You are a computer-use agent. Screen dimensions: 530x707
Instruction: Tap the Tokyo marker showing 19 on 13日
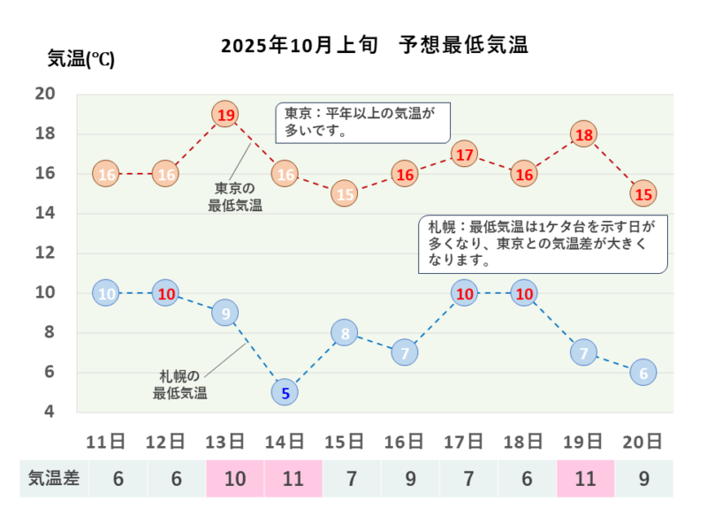pyautogui.click(x=225, y=115)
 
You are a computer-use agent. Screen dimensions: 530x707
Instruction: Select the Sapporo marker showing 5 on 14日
pyautogui.click(x=285, y=391)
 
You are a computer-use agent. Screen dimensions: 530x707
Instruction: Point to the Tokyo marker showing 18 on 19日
pyautogui.click(x=583, y=134)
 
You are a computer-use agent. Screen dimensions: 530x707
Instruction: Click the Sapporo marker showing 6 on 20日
pyautogui.click(x=643, y=372)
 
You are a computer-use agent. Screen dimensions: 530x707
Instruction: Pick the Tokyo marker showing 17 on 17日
pyautogui.click(x=464, y=155)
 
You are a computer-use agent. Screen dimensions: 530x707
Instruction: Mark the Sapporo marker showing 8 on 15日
pyautogui.click(x=345, y=333)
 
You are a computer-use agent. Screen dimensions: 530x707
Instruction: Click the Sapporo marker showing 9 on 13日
pyautogui.click(x=225, y=313)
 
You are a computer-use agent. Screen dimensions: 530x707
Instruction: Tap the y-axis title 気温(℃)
pyautogui.click(x=80, y=59)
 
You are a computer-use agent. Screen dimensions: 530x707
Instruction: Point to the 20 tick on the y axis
pyautogui.click(x=45, y=95)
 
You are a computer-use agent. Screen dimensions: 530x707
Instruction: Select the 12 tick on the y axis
pyautogui.click(x=45, y=253)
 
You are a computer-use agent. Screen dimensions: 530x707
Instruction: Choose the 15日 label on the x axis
pyautogui.click(x=345, y=441)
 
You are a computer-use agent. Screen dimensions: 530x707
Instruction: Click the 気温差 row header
pyautogui.click(x=54, y=480)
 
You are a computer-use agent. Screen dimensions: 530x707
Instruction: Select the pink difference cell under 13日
pyautogui.click(x=234, y=480)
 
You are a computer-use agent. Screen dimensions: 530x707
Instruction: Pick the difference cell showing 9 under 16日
pyautogui.click(x=410, y=480)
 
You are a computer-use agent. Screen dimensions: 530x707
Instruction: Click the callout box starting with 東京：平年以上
pyautogui.click(x=362, y=122)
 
